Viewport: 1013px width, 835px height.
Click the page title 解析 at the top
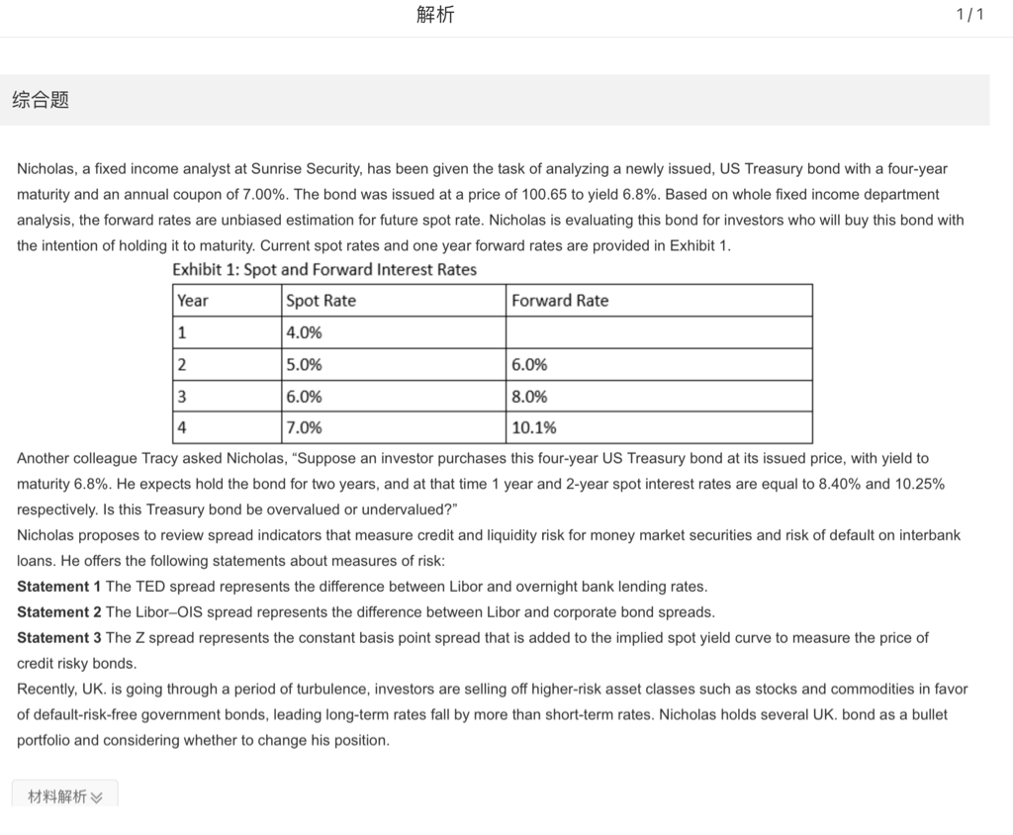coord(436,15)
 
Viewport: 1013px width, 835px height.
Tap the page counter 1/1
coord(970,15)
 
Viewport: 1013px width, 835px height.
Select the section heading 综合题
coord(41,100)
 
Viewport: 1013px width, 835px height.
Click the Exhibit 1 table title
coord(324,270)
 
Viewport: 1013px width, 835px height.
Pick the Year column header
coord(193,301)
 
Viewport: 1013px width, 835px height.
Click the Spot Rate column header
coord(321,301)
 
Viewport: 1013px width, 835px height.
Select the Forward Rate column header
coord(560,301)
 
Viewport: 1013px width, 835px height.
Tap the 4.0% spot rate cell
coord(304,332)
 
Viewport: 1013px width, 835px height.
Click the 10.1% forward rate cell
coord(534,427)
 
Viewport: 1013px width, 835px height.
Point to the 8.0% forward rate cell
coord(529,396)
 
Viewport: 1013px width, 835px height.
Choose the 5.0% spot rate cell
coord(304,364)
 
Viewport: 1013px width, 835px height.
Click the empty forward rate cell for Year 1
coord(658,332)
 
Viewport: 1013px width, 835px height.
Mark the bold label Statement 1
coord(59,587)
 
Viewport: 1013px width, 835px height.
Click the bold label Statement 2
coord(59,612)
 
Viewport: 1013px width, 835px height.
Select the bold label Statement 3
coord(59,638)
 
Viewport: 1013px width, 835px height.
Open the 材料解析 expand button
coord(65,796)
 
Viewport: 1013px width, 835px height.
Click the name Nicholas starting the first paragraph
coord(47,169)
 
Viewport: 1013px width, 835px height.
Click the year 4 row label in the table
coord(182,427)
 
